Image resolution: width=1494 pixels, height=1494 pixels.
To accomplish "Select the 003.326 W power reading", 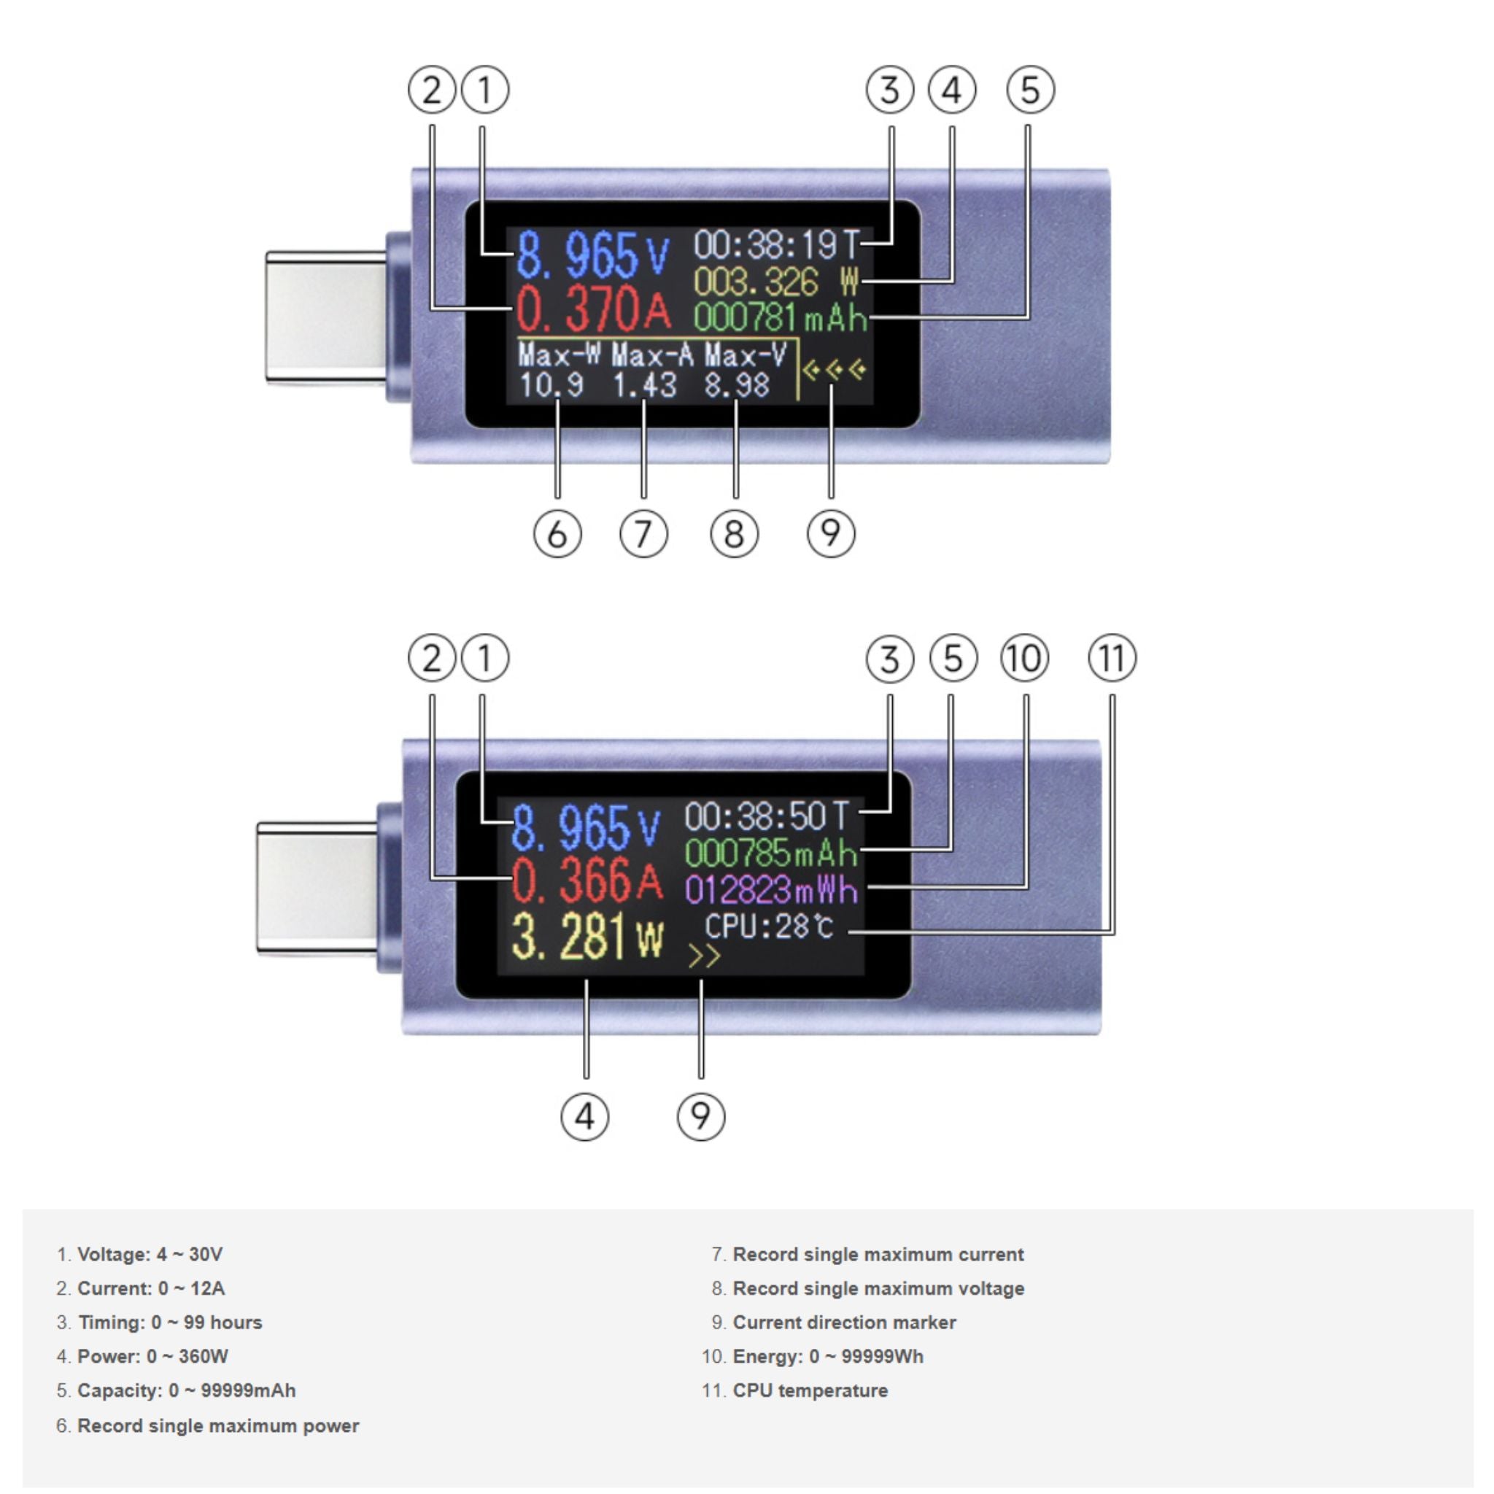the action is (x=776, y=282).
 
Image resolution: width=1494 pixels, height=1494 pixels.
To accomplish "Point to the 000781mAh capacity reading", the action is (x=781, y=317).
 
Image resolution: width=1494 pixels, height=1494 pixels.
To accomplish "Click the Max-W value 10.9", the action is (x=551, y=385).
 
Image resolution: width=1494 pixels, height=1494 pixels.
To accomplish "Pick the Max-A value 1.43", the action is (x=644, y=385).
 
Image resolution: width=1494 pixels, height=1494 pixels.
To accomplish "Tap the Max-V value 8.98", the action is (x=737, y=385).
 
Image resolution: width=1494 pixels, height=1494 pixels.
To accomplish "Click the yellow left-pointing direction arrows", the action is (x=835, y=371).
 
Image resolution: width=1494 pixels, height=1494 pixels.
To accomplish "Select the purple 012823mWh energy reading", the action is (x=772, y=890).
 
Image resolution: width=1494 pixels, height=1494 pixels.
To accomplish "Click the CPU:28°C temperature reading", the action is (x=770, y=926).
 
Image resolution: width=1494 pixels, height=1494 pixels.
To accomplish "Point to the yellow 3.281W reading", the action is (x=588, y=937).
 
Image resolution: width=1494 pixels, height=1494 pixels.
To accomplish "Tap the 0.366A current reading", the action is (x=587, y=880).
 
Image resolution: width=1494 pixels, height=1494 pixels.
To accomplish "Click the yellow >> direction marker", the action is (x=704, y=956).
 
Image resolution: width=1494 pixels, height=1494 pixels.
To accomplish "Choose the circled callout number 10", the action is (x=1026, y=659).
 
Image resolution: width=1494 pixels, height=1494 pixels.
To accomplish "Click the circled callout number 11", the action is (x=1112, y=659).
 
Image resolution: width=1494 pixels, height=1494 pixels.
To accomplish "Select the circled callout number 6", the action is (x=557, y=534).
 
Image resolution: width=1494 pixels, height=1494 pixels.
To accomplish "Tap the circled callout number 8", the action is (x=734, y=534).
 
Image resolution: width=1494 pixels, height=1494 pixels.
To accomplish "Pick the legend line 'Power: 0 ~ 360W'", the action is (x=142, y=1356).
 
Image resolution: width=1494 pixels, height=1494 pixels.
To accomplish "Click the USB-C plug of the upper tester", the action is (x=326, y=317).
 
